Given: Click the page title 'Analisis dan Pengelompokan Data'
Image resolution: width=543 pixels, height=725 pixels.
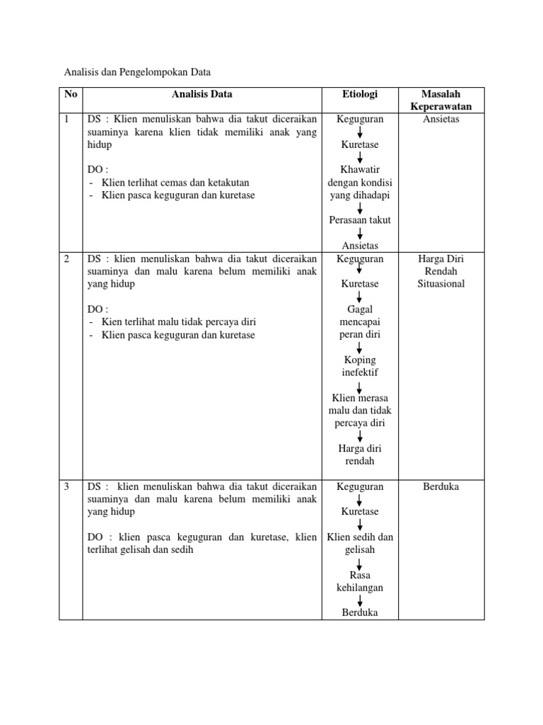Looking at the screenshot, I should [138, 72].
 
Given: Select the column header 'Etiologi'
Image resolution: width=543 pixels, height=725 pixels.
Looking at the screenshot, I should [360, 94].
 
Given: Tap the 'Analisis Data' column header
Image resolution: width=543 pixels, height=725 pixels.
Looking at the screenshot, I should [202, 94].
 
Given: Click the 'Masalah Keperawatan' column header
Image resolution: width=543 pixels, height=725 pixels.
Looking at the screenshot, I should [441, 100].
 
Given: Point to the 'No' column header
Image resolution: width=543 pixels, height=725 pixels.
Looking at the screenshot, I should [71, 94].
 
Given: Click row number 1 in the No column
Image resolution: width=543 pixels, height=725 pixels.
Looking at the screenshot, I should [67, 119].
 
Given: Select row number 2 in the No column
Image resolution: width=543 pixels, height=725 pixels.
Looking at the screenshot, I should [67, 259].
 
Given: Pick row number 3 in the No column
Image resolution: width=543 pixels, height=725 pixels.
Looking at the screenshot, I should [67, 487].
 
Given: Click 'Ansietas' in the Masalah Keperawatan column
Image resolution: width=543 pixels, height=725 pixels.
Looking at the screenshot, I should [441, 119].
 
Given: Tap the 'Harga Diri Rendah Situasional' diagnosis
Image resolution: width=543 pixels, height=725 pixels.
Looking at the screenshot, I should [441, 271].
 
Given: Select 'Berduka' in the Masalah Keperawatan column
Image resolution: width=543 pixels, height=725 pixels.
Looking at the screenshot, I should [441, 487].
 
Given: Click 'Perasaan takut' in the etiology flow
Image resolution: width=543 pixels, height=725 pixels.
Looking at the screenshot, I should [360, 220].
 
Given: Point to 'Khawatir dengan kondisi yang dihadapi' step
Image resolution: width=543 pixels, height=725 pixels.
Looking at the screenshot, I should [360, 182].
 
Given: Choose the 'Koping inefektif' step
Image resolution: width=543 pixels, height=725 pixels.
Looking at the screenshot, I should [360, 366].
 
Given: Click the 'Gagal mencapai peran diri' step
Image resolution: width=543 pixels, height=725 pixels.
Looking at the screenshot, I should [360, 321].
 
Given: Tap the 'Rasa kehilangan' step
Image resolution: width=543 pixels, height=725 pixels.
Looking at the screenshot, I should [360, 581].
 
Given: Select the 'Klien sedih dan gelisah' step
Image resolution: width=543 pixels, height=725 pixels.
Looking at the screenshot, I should [360, 542].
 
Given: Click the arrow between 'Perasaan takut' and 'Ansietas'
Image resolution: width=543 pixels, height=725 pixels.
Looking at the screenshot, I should [360, 233].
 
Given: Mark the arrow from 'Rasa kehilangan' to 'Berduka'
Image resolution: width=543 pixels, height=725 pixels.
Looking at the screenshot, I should [360, 600].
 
